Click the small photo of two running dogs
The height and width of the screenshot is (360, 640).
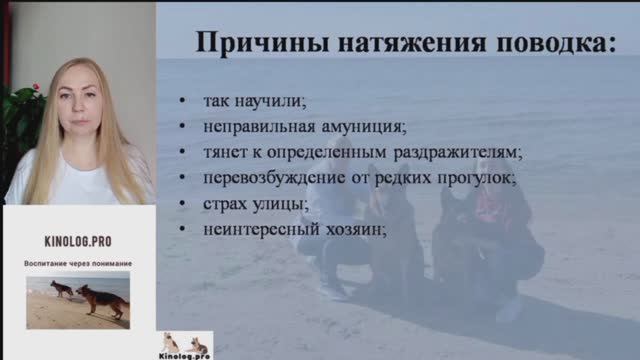coord(78,300)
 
